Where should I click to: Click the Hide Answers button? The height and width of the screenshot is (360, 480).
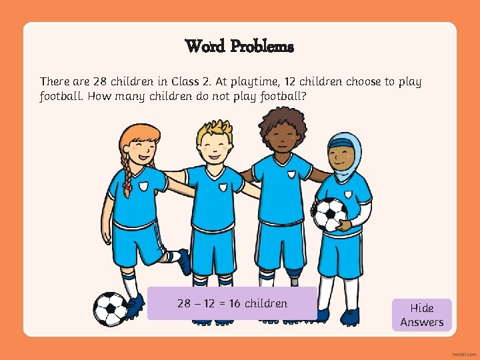pos(421,315)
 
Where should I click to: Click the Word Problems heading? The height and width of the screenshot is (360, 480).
pos(239,47)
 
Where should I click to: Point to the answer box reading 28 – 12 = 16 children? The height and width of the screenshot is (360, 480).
pos(232,303)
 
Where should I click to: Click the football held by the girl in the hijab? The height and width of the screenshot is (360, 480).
pos(330,214)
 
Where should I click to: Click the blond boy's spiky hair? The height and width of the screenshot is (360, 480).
pos(214,131)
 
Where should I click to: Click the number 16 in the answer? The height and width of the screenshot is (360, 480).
pos(234,303)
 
